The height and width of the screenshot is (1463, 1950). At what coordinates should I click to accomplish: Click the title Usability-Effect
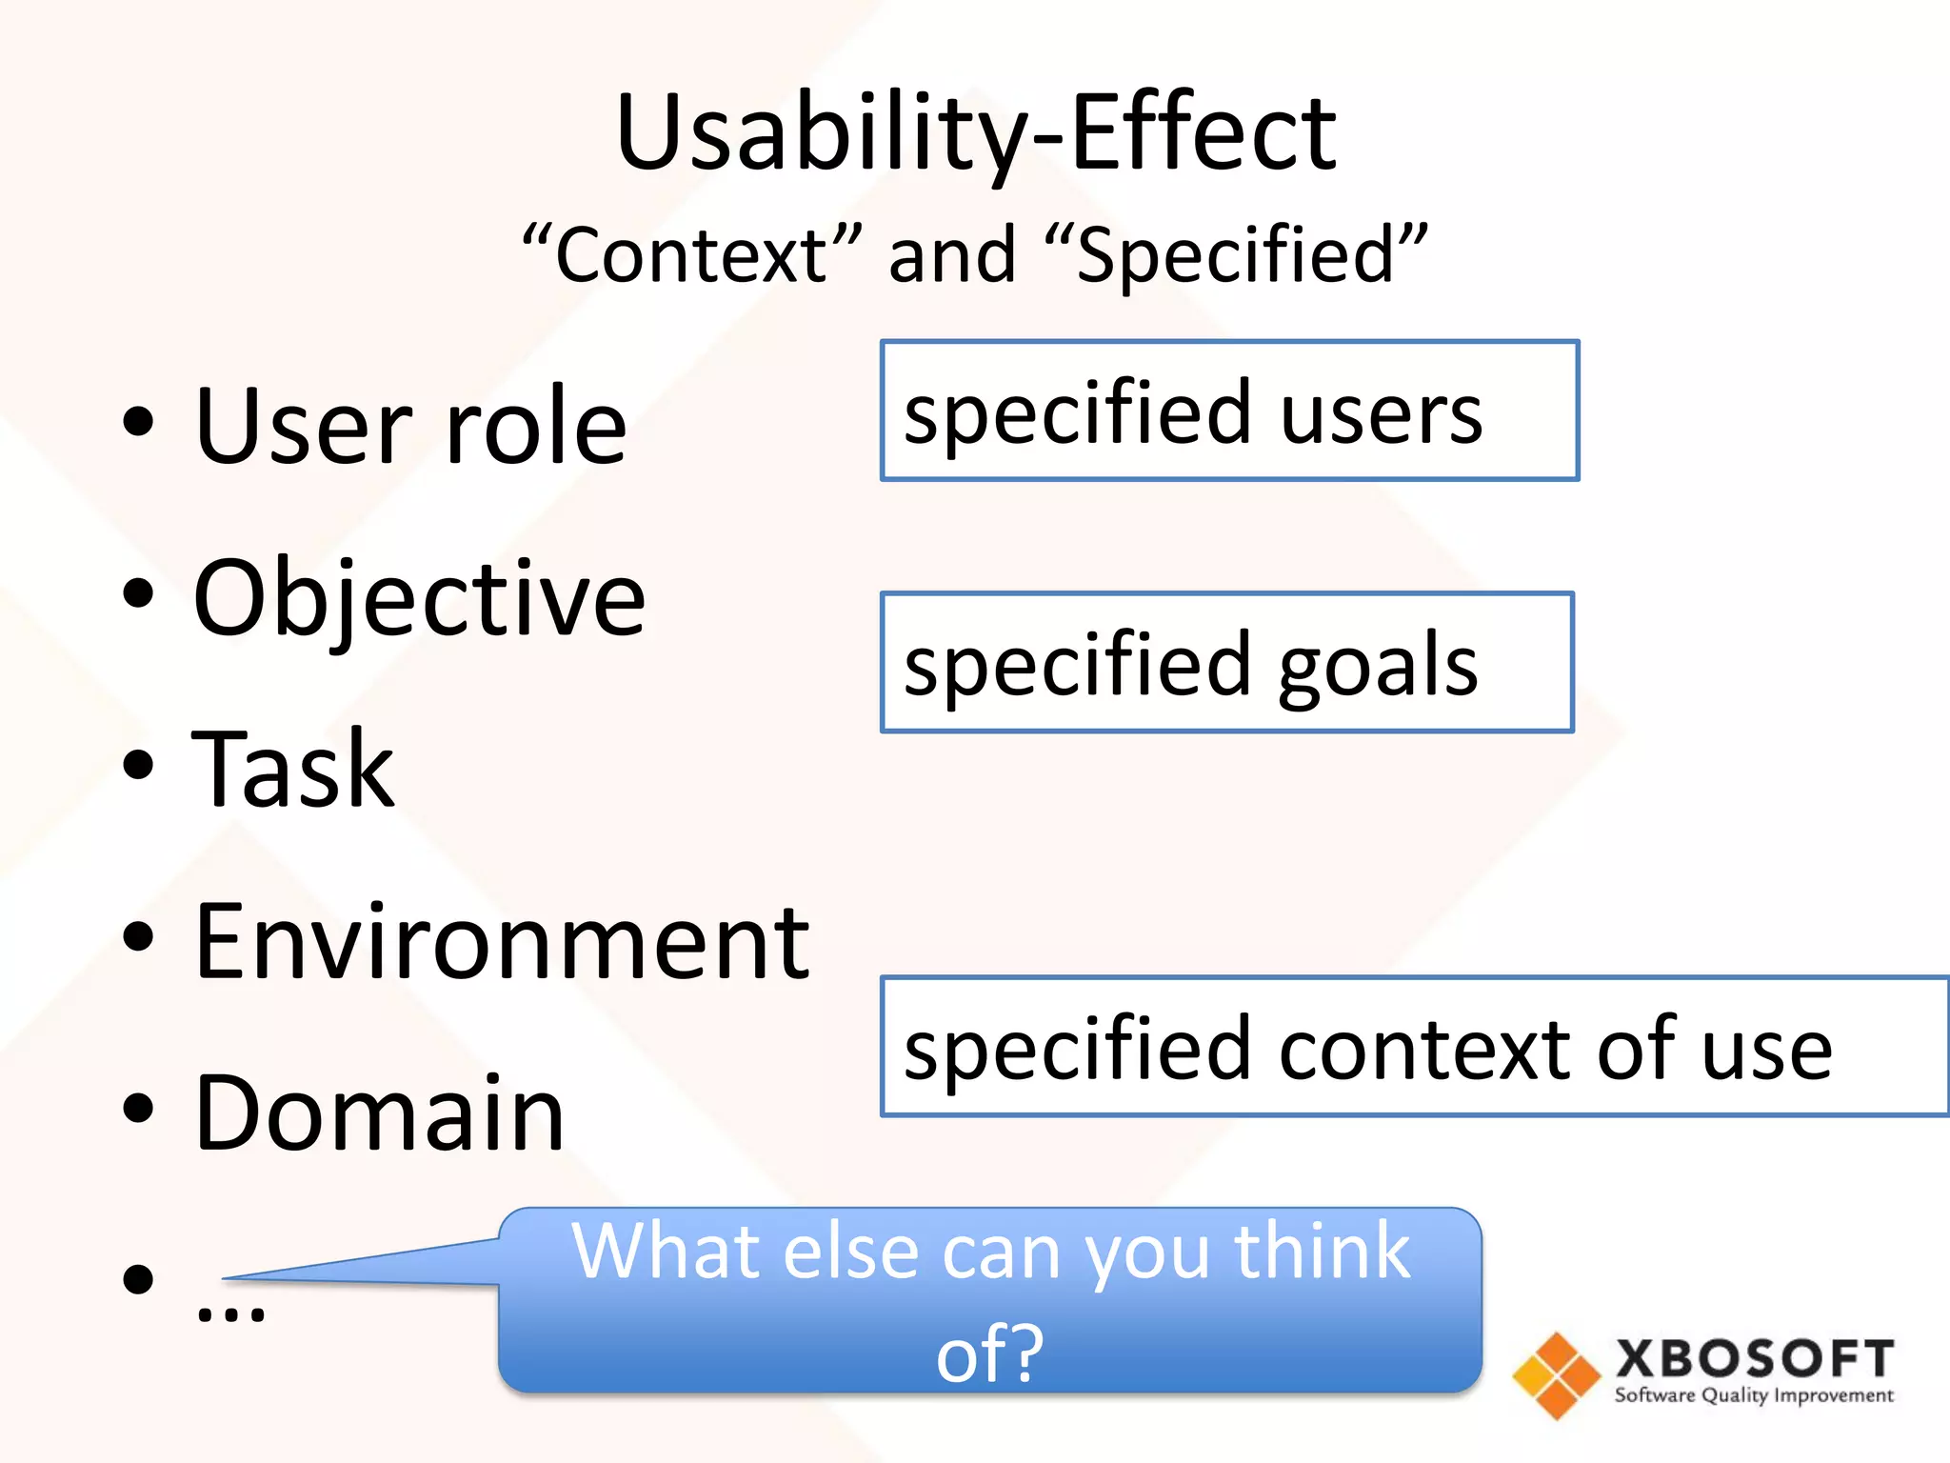coord(975,133)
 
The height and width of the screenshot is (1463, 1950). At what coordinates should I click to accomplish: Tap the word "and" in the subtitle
coord(952,255)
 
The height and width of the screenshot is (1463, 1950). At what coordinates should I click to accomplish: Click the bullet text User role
coord(409,426)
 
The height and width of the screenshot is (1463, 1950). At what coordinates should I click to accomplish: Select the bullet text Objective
coord(419,598)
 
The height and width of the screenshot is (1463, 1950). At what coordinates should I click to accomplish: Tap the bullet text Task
coord(293,770)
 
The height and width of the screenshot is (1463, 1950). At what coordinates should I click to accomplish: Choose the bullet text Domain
coord(379,1112)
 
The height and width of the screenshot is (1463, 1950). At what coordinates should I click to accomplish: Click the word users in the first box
coord(1381,413)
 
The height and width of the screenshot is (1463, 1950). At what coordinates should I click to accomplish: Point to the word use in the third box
coord(1766,1051)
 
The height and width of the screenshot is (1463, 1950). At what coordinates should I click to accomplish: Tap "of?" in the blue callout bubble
coord(990,1353)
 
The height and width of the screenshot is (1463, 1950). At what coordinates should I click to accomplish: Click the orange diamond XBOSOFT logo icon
coord(1557,1375)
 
